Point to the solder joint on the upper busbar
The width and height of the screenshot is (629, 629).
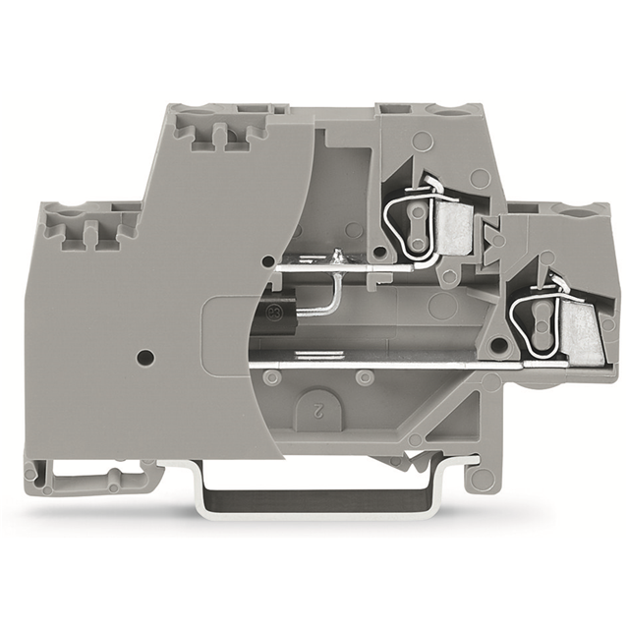click(338, 257)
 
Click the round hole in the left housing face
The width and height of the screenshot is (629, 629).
click(145, 356)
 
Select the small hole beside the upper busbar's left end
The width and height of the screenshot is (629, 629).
click(268, 260)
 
